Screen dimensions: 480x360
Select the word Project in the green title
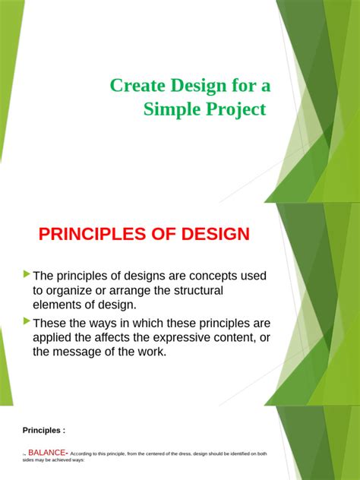(237, 109)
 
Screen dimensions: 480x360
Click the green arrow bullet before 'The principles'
(27, 273)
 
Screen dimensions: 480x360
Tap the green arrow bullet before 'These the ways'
(27, 321)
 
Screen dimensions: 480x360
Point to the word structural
(195, 290)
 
